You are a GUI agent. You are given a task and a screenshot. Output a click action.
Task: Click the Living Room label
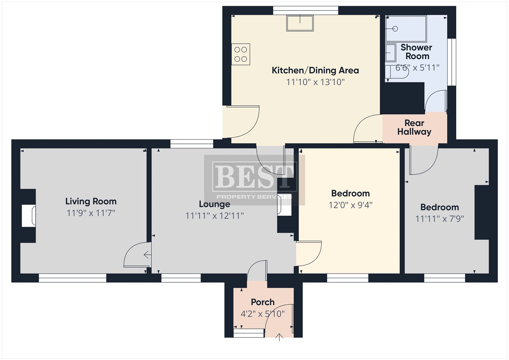(91, 201)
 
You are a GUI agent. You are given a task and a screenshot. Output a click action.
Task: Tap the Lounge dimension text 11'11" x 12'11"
(214, 215)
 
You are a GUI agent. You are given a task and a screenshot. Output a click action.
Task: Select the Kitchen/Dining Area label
(315, 70)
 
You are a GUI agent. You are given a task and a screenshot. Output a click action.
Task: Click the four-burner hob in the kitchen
(241, 54)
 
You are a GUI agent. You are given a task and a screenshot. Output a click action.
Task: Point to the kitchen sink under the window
(300, 23)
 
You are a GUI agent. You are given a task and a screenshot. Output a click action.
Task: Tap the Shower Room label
(416, 52)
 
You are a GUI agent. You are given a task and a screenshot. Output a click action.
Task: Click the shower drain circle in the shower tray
(395, 29)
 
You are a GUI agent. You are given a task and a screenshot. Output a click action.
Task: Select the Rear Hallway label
(414, 128)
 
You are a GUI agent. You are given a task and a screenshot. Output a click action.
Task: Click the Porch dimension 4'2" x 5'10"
(262, 314)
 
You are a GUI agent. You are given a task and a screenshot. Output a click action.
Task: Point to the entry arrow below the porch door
(279, 337)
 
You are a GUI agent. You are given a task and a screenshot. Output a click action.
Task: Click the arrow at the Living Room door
(148, 255)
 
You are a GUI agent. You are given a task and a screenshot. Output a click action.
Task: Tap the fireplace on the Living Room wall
(29, 216)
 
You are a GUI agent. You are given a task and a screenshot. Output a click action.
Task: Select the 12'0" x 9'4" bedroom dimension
(350, 205)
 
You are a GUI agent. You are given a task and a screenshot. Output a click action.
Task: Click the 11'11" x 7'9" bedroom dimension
(439, 219)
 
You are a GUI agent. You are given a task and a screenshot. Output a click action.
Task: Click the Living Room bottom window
(73, 278)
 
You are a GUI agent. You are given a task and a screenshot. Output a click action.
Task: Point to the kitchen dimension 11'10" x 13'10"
(315, 82)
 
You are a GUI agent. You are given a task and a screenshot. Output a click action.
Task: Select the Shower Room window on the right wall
(452, 62)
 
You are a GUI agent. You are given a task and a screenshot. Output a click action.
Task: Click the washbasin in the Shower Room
(391, 53)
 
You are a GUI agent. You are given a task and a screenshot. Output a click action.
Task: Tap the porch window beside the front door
(249, 333)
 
